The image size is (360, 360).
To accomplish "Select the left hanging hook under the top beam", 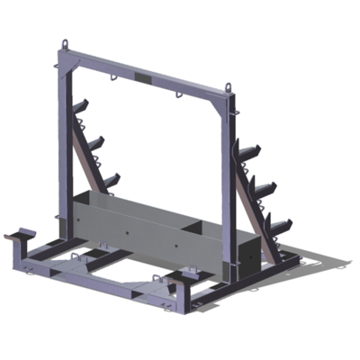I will coord(114,79).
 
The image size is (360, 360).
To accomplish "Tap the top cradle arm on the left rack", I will coord(79,109).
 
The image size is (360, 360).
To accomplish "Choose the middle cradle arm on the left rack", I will coord(94,143).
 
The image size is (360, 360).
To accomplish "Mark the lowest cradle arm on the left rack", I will coord(110,181).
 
